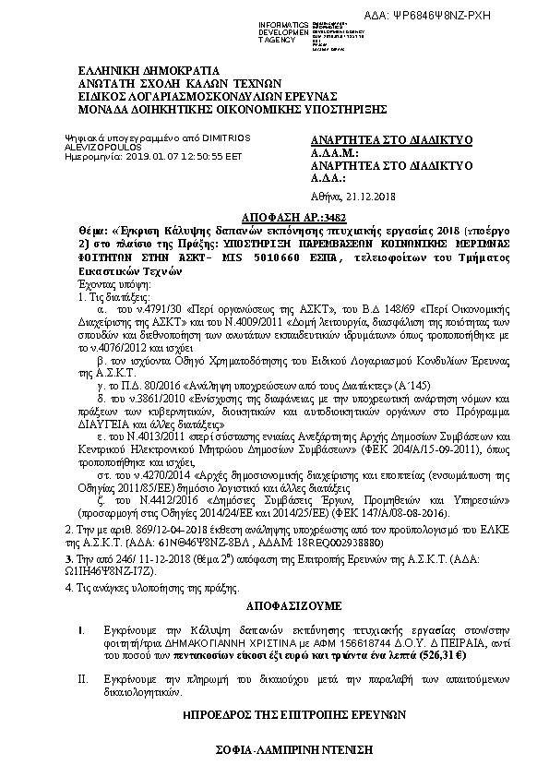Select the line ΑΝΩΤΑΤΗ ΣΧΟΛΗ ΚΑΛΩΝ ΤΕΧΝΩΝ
[158, 82]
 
